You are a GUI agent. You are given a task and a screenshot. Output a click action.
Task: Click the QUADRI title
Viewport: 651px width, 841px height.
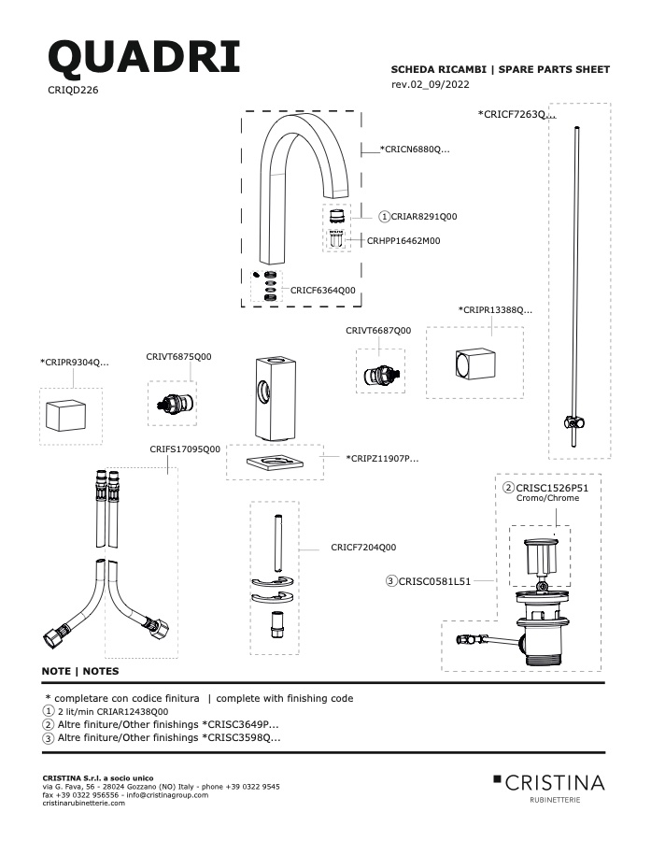tap(144, 57)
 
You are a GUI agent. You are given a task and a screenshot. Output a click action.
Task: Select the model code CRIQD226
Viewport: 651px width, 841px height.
tap(73, 90)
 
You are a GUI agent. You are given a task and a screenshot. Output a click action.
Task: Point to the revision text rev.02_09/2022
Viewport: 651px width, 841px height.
tap(430, 84)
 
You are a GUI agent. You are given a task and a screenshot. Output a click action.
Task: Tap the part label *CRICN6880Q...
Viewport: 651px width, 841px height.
tap(415, 150)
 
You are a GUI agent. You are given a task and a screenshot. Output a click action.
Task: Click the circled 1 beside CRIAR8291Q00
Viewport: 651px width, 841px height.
tap(384, 217)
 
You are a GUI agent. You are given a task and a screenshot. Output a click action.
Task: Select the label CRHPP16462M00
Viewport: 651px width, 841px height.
tap(403, 241)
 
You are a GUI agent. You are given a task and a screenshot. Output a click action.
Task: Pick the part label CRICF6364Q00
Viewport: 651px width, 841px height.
tap(323, 291)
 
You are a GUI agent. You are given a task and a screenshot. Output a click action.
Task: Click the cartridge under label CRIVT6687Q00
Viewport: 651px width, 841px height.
tap(380, 376)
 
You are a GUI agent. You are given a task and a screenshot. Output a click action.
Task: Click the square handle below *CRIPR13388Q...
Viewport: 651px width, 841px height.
tap(475, 364)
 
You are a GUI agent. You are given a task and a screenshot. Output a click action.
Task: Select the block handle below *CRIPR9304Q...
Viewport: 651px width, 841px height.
tap(66, 415)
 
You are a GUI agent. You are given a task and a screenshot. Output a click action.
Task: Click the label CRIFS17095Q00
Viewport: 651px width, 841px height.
tap(185, 449)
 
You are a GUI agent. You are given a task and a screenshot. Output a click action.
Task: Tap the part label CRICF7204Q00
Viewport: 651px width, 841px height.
tap(363, 548)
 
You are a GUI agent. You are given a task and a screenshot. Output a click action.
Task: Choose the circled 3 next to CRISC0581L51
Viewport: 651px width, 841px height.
tap(391, 581)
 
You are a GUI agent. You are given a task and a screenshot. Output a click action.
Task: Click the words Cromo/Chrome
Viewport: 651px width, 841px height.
tap(547, 498)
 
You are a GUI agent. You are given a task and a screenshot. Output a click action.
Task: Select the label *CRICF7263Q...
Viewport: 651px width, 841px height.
tap(517, 114)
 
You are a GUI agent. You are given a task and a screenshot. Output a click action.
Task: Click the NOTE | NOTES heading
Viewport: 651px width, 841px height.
tap(80, 671)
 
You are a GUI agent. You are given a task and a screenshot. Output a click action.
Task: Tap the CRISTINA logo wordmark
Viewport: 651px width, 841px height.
tap(555, 783)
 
